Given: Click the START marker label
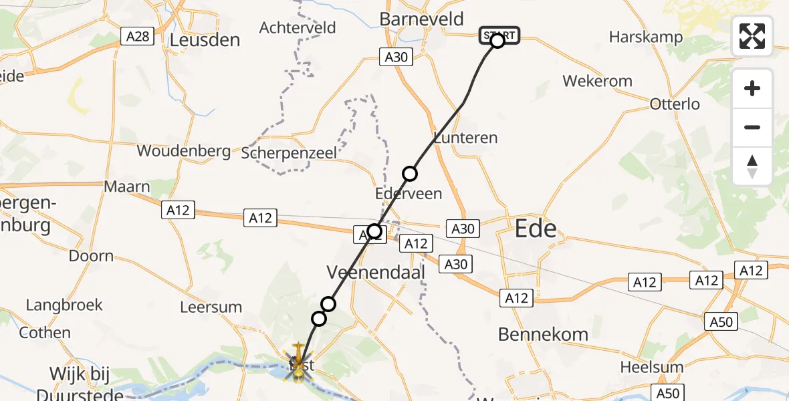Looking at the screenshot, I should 499,34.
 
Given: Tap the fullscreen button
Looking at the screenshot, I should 752,36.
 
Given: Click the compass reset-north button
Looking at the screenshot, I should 752,166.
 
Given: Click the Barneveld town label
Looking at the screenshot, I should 421,19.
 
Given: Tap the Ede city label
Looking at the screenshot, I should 536,229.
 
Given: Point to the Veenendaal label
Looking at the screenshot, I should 367,272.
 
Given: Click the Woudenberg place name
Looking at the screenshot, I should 183,151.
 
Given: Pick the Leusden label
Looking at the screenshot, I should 205,40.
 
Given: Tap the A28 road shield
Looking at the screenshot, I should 138,36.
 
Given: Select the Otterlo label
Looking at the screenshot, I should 675,104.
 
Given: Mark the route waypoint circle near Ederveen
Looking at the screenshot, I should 409,174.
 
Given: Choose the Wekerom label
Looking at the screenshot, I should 597,82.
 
